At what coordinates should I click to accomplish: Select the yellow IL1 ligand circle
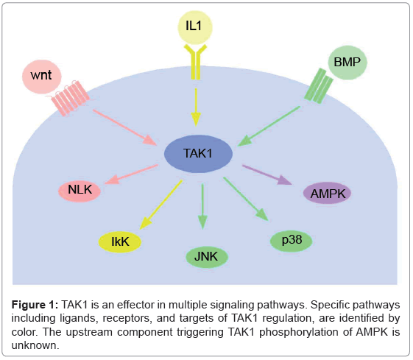click(194, 28)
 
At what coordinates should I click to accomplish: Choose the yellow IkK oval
click(121, 241)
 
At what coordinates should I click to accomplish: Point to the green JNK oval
click(206, 257)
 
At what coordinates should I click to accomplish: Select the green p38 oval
click(292, 240)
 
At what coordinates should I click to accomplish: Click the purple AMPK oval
click(328, 194)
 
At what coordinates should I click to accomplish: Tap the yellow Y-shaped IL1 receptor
click(195, 63)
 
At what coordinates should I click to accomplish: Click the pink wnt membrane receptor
click(69, 98)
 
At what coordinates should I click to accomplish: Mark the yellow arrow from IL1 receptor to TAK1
click(195, 104)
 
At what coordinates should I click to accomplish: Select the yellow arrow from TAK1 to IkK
click(158, 202)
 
